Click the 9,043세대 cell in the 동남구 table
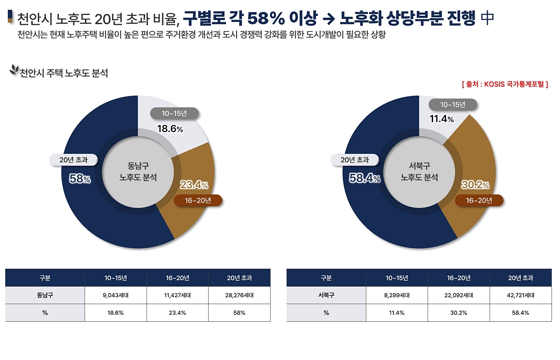tap(115, 295)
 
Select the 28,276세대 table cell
tap(239, 295)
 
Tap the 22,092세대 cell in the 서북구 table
tap(459, 295)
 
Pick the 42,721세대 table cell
tap(520, 295)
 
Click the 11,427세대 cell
tap(177, 295)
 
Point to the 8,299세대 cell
tap(397, 295)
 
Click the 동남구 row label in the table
tap(45, 295)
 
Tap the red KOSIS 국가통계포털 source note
tap(504, 84)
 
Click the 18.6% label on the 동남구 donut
tap(170, 129)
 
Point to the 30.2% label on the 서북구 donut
tap(475, 185)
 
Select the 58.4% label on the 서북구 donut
tap(365, 178)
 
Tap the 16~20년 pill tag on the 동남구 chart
tap(198, 201)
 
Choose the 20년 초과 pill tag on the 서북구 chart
tap(355, 160)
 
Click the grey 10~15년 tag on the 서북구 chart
tap(453, 104)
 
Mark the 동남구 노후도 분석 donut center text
tap(138, 171)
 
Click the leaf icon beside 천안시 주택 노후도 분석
tap(14, 70)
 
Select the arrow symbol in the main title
tap(329, 19)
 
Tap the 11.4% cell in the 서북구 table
tap(397, 312)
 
